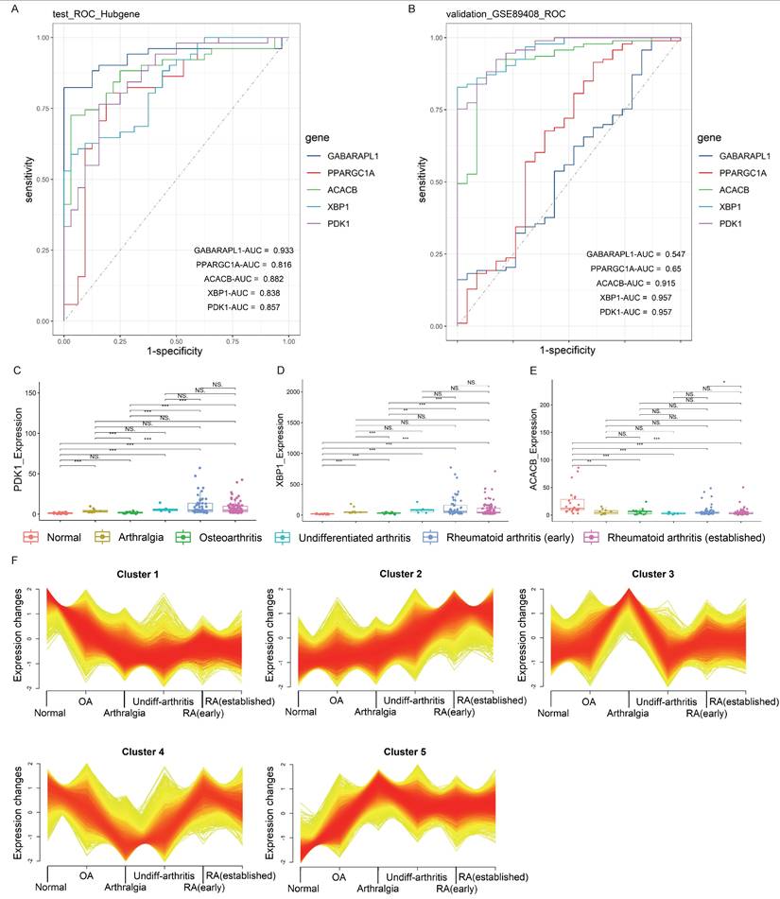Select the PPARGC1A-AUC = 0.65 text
pos(625,268)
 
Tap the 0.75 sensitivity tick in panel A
pos(40,109)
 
